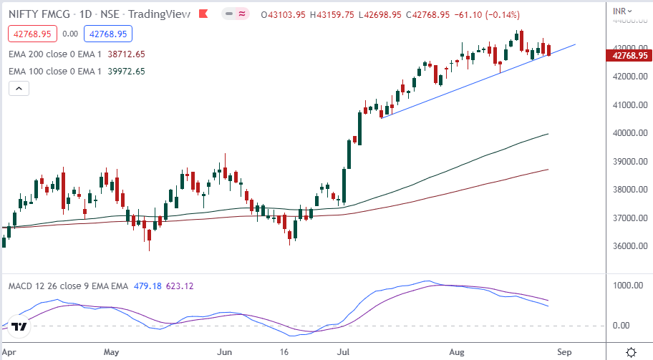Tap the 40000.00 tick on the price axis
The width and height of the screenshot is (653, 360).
pyautogui.click(x=630, y=133)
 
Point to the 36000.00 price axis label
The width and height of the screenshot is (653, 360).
pyautogui.click(x=630, y=246)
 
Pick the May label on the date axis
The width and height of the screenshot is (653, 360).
pyautogui.click(x=110, y=352)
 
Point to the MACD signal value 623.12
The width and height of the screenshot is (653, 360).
pyautogui.click(x=180, y=286)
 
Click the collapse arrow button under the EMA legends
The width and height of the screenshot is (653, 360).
pyautogui.click(x=19, y=88)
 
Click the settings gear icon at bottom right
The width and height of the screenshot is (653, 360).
pyautogui.click(x=632, y=351)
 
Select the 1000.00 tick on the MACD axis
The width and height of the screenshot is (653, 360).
pyautogui.click(x=630, y=285)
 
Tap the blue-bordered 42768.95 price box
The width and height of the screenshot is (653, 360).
pyautogui.click(x=106, y=33)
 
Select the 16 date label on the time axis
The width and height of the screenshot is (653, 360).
pyautogui.click(x=285, y=352)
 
